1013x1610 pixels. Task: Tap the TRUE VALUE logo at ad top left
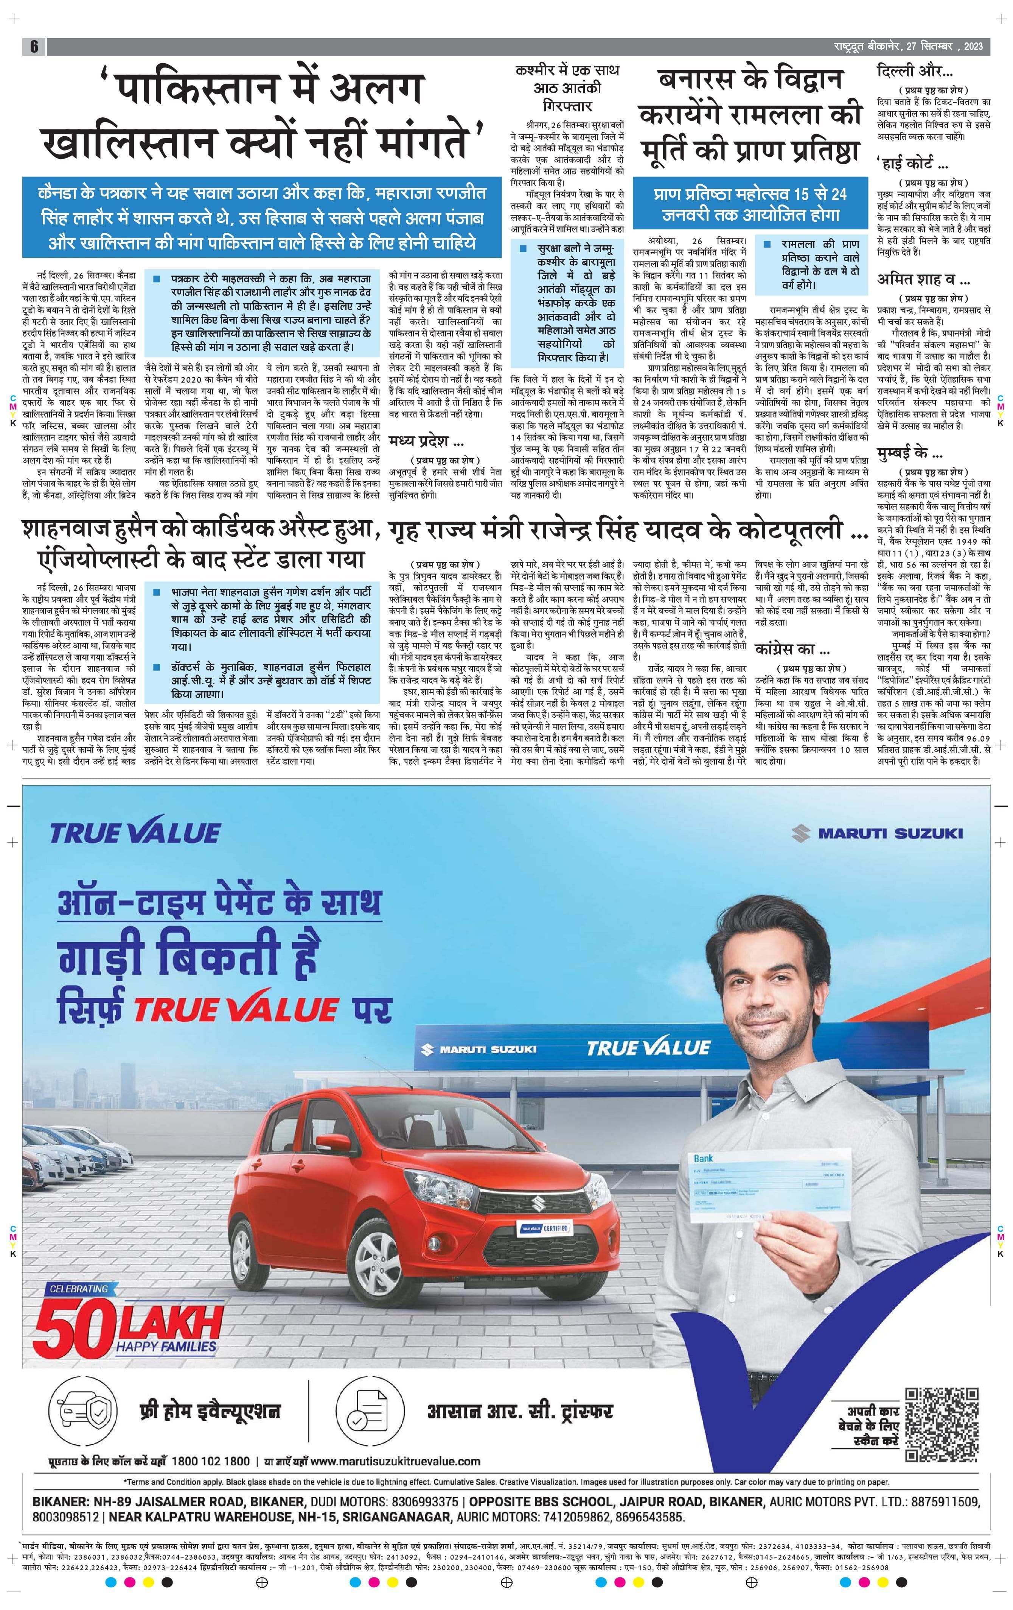click(x=135, y=833)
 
